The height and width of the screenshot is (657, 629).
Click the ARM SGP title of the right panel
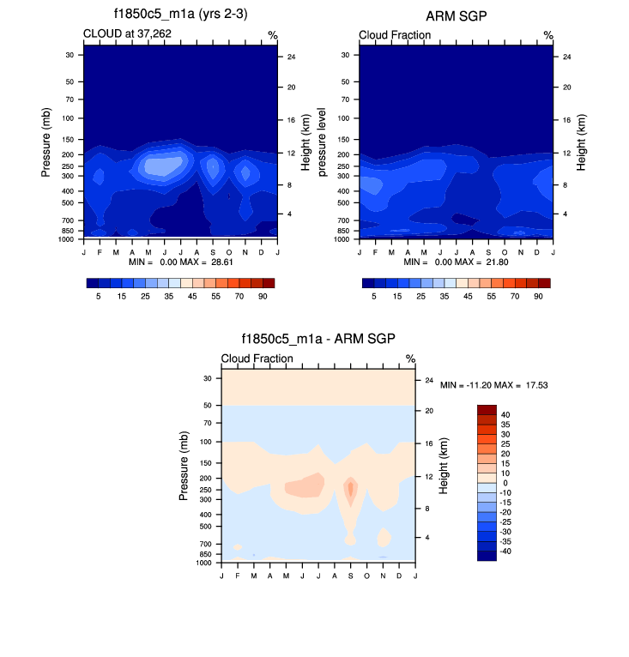[x=456, y=15]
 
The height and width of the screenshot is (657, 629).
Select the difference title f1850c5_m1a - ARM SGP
[x=318, y=340]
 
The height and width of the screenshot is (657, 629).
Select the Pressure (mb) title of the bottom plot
[x=184, y=467]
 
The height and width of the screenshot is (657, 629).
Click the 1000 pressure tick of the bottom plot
[x=204, y=563]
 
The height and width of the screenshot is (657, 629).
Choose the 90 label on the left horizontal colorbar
[x=263, y=295]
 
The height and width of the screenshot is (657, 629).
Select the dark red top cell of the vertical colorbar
[x=487, y=409]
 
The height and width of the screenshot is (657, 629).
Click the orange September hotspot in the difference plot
[x=350, y=490]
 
